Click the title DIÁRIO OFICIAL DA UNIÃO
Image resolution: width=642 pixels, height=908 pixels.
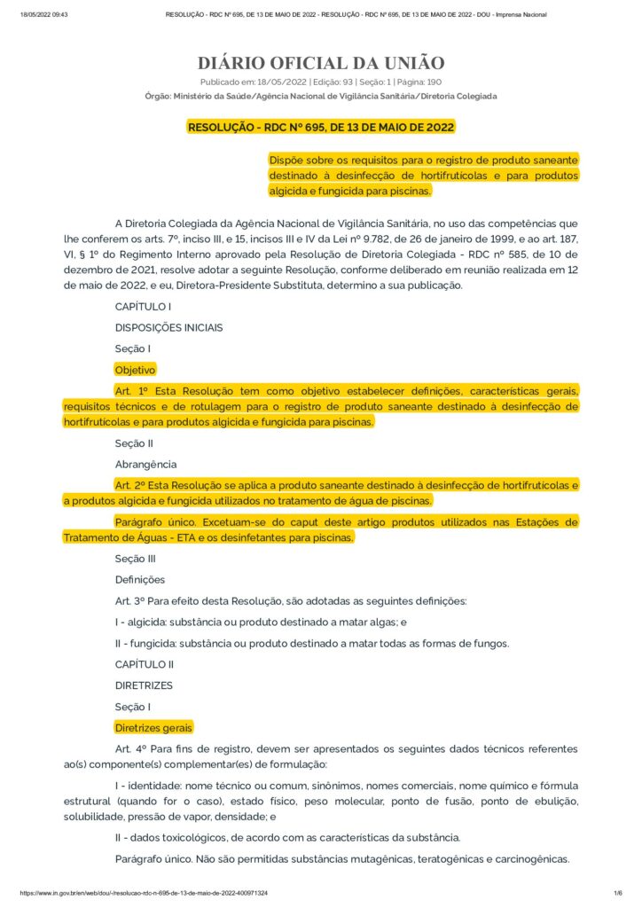320,63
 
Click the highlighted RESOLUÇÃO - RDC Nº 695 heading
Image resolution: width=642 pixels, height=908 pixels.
320,127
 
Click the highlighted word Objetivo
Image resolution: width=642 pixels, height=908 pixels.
135,370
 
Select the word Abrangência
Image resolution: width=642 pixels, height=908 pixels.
145,464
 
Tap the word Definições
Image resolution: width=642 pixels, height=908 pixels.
140,580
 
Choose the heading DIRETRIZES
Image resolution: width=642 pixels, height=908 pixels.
144,685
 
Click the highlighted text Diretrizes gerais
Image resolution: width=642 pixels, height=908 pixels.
153,728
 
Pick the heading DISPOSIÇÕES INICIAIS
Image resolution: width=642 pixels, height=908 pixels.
168,327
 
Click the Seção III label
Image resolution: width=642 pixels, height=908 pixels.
136,559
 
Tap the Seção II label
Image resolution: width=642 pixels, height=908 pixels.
134,442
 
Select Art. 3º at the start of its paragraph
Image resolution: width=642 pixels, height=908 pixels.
130,601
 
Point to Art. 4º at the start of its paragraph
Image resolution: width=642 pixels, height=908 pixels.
130,749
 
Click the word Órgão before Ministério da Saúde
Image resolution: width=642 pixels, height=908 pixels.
157,96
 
